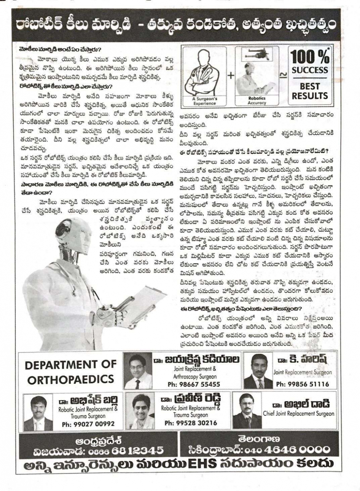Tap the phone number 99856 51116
coord(302,384)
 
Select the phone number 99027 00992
coord(88,424)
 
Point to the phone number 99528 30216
coord(191,423)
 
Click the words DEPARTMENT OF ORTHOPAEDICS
coord(70,372)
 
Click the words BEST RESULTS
coord(310,91)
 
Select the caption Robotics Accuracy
coord(257,100)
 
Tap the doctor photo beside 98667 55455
coord(138,370)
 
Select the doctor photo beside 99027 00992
coord(38,412)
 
